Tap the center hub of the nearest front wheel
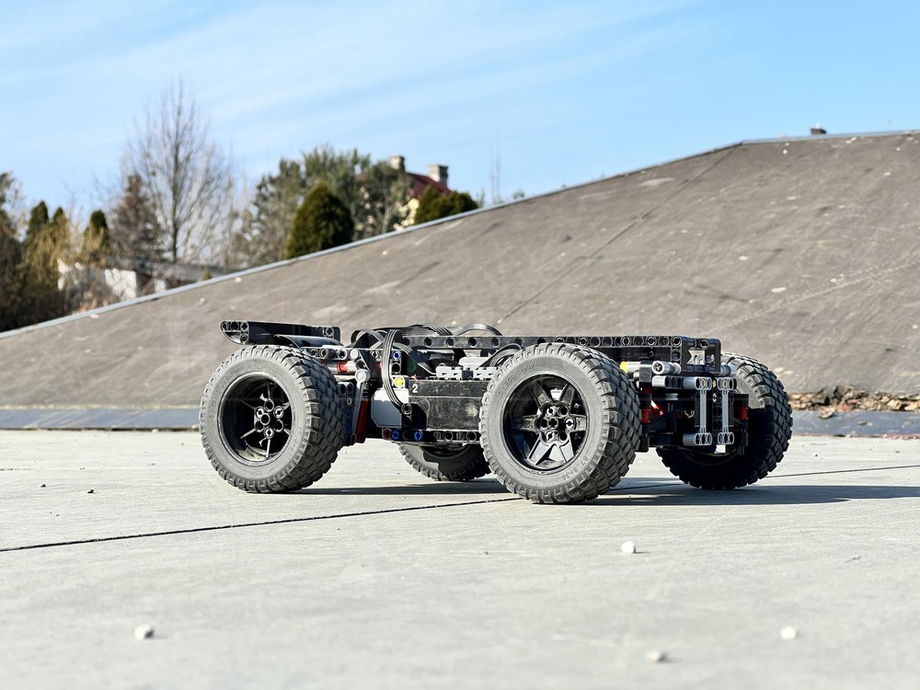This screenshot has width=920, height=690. coord(552,424)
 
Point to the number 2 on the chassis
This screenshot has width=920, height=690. coord(415,388)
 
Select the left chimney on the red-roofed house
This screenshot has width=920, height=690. coord(397,164)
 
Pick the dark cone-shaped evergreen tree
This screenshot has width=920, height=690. coord(319,223)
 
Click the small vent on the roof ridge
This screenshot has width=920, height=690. coord(818,131)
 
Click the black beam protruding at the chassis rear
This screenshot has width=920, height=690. coord(276,331)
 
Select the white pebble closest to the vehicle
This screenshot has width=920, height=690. coord(627,547)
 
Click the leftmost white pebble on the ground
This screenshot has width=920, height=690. coord(144,632)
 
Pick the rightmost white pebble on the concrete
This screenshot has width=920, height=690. coord(788,632)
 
